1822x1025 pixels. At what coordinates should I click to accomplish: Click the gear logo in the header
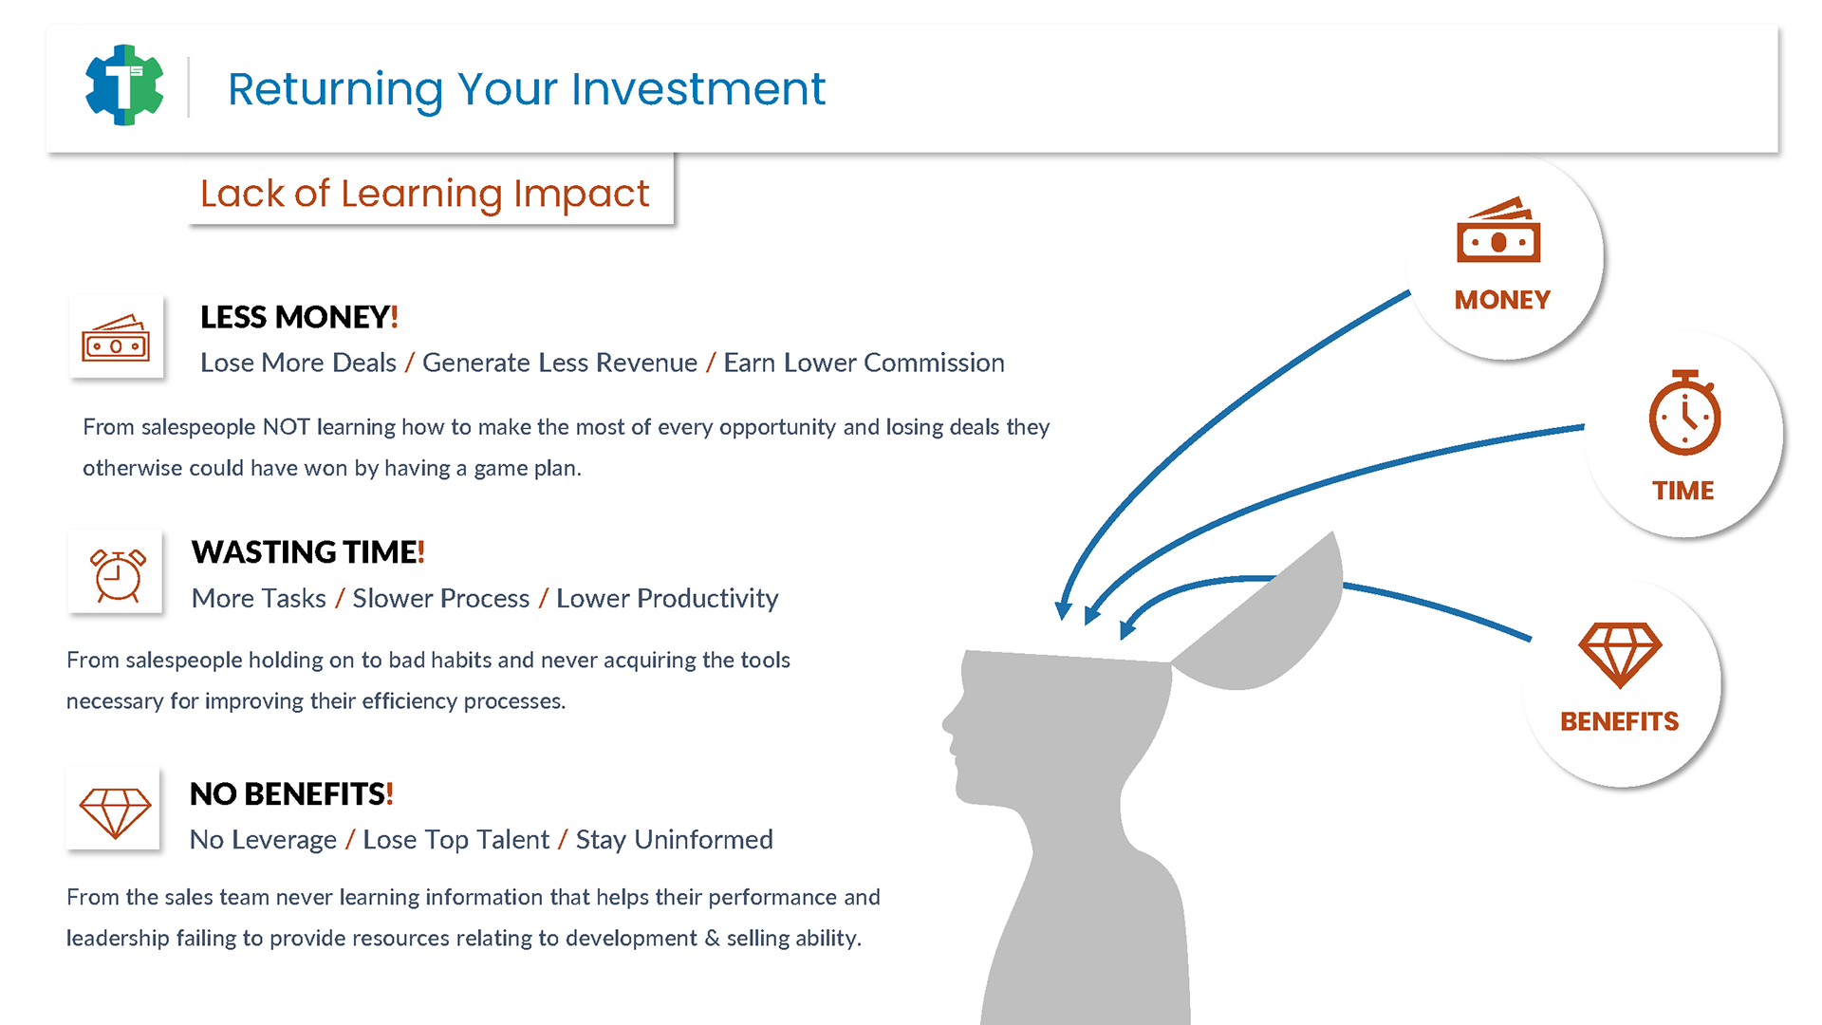(124, 85)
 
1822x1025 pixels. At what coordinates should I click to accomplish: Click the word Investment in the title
(698, 89)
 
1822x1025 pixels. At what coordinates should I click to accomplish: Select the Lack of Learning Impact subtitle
(424, 194)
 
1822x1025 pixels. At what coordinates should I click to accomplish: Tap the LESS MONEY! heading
(299, 317)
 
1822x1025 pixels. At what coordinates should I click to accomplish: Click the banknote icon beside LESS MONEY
(116, 337)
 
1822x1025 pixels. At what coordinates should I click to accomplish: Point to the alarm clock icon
(118, 574)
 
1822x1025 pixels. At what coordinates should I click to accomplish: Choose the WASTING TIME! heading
(307, 552)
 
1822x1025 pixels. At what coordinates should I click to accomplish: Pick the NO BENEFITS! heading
(291, 794)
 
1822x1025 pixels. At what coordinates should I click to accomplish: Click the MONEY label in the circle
(1502, 300)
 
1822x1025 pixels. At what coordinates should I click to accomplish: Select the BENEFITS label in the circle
(1620, 721)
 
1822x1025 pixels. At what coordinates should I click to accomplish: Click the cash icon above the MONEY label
(1498, 230)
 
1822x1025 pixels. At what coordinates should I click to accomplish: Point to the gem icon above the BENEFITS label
(1620, 655)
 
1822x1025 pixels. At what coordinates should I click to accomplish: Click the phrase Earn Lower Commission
(864, 363)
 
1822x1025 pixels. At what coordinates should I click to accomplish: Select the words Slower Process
(440, 598)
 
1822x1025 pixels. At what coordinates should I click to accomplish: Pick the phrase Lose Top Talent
(455, 840)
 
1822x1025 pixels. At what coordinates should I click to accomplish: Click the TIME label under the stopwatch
(1683, 491)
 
